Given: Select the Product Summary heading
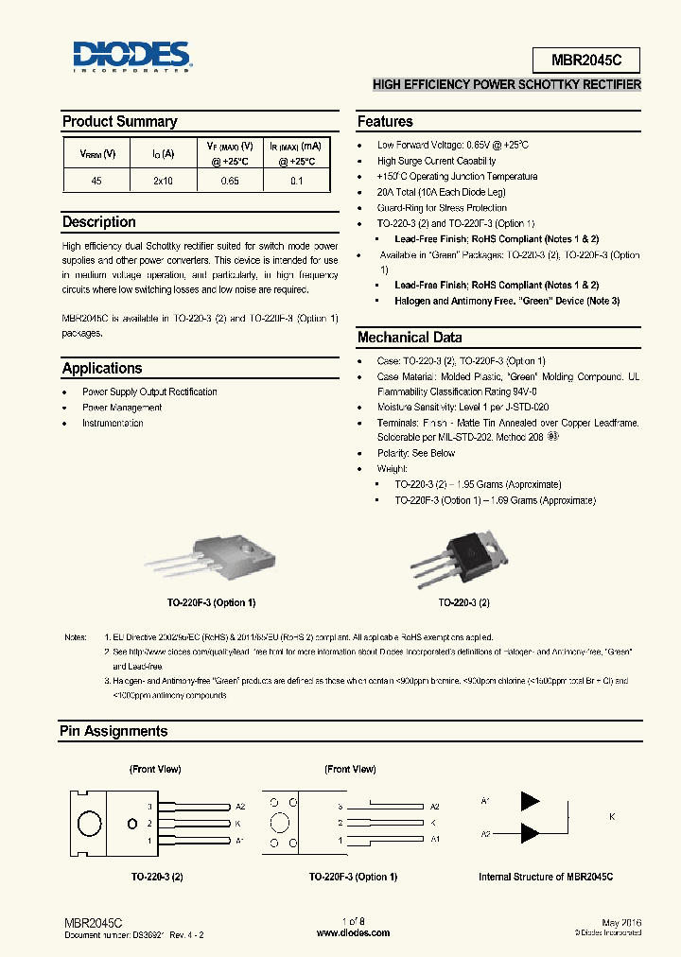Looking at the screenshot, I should pyautogui.click(x=119, y=121).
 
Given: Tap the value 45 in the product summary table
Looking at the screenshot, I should pyautogui.click(x=96, y=181).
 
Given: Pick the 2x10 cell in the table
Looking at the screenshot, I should pyautogui.click(x=163, y=181).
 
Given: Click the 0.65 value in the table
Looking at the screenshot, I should pyautogui.click(x=230, y=181).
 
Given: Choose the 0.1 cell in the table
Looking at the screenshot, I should pyautogui.click(x=297, y=181).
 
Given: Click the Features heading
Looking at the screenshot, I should pyautogui.click(x=385, y=121).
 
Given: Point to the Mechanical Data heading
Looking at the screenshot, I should pyautogui.click(x=410, y=338).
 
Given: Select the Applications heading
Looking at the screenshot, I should pyautogui.click(x=102, y=369).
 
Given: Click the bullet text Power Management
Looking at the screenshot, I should pyautogui.click(x=122, y=408).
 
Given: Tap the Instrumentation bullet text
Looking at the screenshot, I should pyautogui.click(x=113, y=424).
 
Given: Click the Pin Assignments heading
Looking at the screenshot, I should pyautogui.click(x=113, y=731).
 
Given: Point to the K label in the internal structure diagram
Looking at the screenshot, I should pyautogui.click(x=612, y=816).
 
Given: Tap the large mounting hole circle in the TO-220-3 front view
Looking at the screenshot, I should pyautogui.click(x=90, y=823).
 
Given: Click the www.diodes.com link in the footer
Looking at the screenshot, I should pyautogui.click(x=353, y=932).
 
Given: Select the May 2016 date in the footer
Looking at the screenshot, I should pyautogui.click(x=620, y=922).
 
